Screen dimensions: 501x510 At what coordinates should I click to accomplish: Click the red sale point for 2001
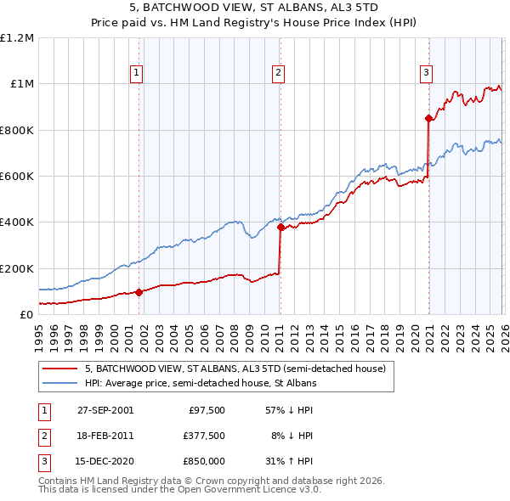pos(139,292)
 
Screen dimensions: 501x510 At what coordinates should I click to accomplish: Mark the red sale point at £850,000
pos(428,119)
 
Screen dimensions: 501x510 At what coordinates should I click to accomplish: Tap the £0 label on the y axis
pos(25,314)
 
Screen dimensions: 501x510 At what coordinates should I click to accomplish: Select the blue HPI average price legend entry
pos(201,384)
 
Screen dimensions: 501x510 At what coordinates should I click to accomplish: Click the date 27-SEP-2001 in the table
pos(105,410)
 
